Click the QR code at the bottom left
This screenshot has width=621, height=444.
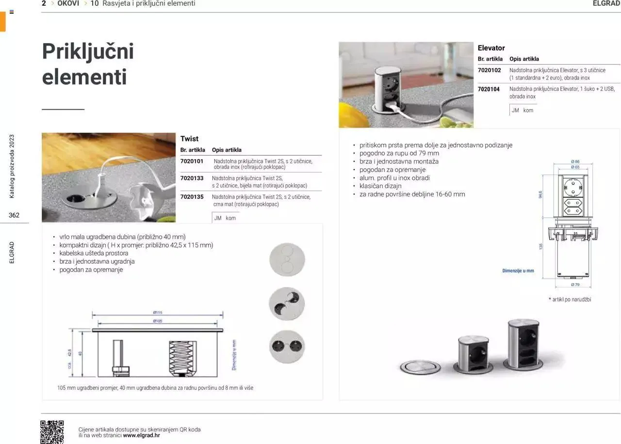[x=52, y=431]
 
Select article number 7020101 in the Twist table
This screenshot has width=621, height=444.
[x=192, y=161]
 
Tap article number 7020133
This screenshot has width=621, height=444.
[x=192, y=178]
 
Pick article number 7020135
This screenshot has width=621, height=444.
[x=192, y=197]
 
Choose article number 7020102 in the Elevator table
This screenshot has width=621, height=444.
[x=489, y=70]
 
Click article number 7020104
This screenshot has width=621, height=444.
[x=489, y=89]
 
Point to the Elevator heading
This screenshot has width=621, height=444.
[x=491, y=48]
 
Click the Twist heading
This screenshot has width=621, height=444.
[x=189, y=139]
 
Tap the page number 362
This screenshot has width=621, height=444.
[x=14, y=215]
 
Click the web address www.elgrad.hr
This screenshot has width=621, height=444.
[x=141, y=435]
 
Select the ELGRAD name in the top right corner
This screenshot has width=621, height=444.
[x=606, y=3]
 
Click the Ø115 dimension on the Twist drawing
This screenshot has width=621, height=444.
[x=158, y=313]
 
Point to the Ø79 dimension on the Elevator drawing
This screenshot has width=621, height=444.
[x=575, y=285]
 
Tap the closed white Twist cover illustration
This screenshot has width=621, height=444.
[x=287, y=259]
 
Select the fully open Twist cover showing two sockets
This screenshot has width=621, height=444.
[x=287, y=347]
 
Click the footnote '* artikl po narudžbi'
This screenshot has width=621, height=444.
[x=570, y=300]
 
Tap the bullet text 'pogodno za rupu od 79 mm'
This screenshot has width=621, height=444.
[x=399, y=153]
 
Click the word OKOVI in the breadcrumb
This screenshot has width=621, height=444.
[x=68, y=3]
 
